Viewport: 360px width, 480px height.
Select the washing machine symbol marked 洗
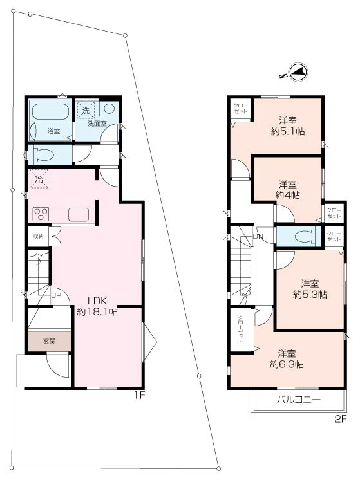click(85, 110)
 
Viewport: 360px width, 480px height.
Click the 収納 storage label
click(38, 236)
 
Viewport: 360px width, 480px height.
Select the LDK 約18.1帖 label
click(97, 306)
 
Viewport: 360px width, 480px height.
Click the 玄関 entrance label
click(50, 341)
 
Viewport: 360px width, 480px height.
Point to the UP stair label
click(57, 295)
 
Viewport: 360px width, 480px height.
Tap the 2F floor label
click(341, 418)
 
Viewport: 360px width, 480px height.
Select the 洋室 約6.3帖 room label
click(291, 358)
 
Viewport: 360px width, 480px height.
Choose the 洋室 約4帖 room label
click(288, 189)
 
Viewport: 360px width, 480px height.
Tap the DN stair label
click(258, 236)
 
